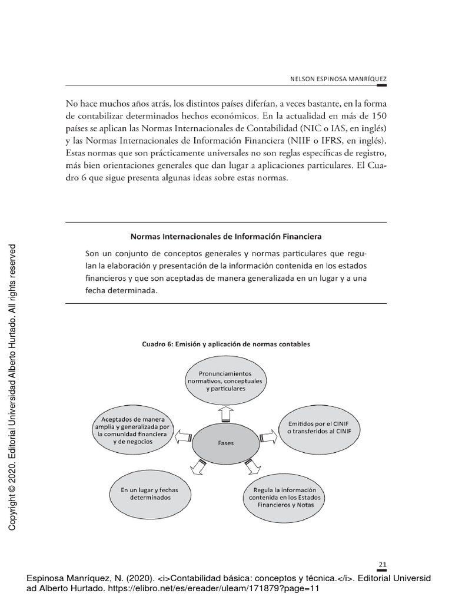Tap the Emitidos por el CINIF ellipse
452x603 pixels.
319,428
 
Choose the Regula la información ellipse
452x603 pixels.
284,498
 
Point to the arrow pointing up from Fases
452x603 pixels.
225,415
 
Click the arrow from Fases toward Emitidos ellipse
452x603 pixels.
268,436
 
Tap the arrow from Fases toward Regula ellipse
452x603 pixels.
252,466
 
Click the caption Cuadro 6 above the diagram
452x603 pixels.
225,343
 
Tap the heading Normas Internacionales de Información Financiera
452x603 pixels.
225,237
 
